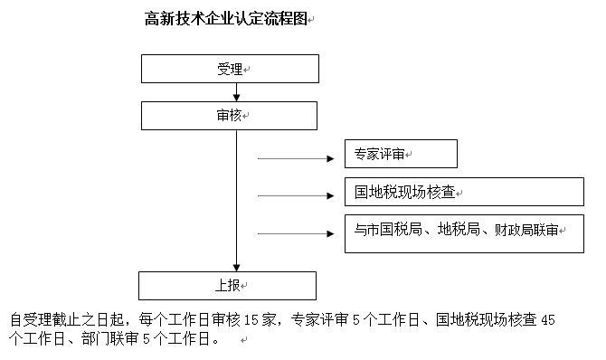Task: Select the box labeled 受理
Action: [x=230, y=69]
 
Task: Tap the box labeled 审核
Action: [x=229, y=115]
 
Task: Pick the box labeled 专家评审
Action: [x=401, y=154]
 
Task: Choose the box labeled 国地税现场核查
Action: [x=464, y=192]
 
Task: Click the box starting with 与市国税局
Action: [x=464, y=232]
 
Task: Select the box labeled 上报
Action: [x=227, y=285]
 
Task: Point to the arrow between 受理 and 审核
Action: [x=237, y=91]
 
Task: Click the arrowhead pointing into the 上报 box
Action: [x=237, y=267]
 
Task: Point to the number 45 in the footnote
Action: [x=547, y=319]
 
